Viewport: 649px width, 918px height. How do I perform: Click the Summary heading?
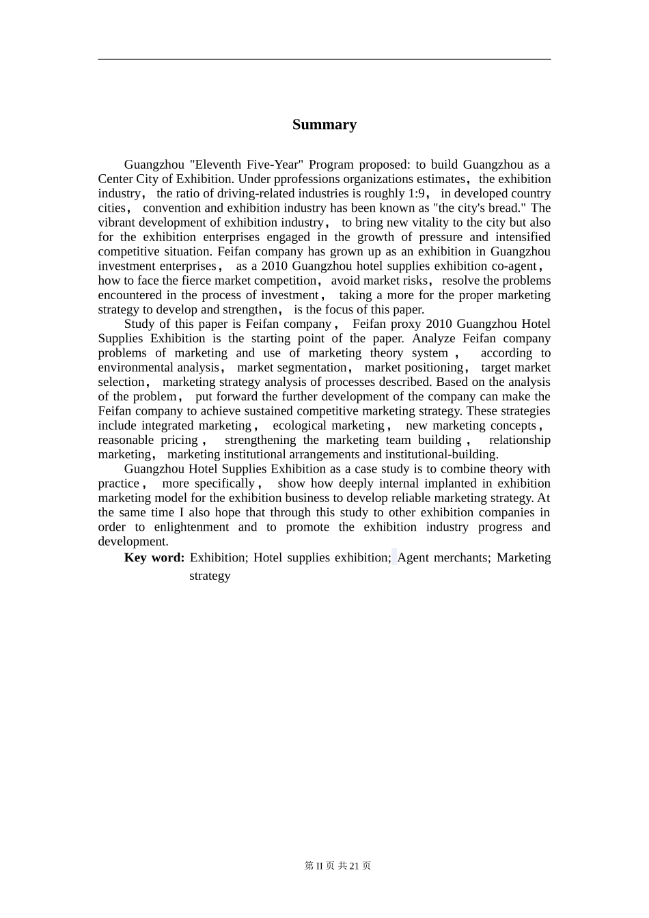324,124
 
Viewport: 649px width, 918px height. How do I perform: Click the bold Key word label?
154,557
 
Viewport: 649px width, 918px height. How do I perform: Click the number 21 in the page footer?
354,865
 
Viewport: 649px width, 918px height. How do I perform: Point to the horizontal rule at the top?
324,59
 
